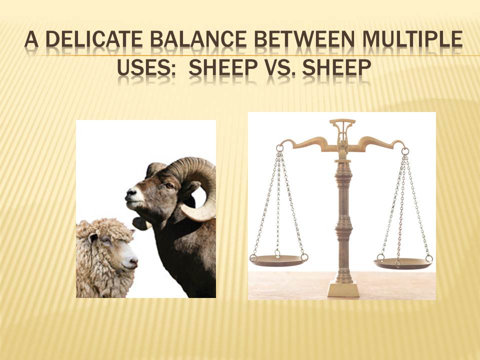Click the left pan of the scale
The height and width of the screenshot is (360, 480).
pos(278,260)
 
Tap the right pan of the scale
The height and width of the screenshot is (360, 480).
pos(402,263)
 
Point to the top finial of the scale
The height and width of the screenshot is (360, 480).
pos(342,122)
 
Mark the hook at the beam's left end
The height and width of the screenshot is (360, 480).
pos(279,147)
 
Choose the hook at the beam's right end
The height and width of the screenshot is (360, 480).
pos(405,149)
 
